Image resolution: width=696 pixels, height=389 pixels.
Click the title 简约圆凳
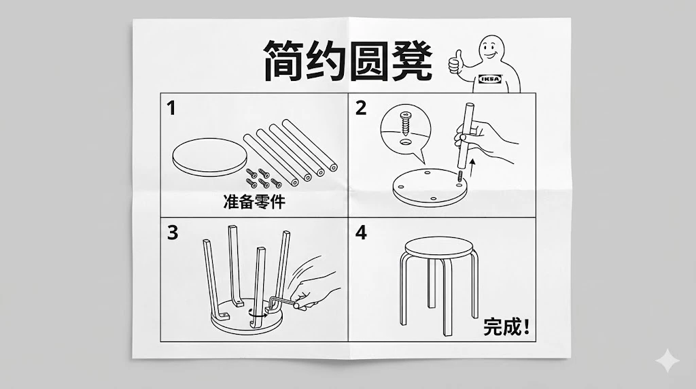point(347,61)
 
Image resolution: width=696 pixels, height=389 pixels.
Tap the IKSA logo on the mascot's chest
point(490,79)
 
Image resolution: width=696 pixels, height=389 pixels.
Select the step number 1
point(172,108)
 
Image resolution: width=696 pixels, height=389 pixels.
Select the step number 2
point(361,108)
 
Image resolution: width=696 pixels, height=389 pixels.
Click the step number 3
point(173,233)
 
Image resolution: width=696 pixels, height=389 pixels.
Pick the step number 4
point(361,233)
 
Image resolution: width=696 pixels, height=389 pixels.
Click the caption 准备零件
point(254,201)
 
